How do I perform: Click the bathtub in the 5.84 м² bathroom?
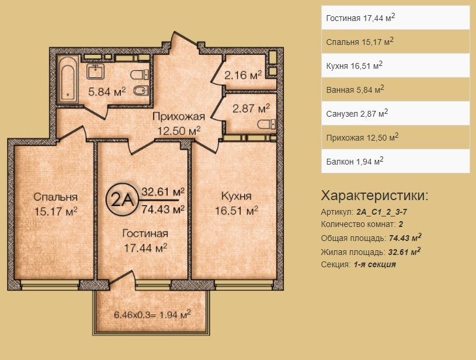pos(67,80)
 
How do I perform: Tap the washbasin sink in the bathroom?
pos(96,72)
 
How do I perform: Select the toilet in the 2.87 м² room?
pos(266,124)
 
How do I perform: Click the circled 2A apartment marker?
pos(122,200)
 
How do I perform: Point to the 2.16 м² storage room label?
pos(243,75)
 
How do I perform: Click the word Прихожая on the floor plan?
pos(179,116)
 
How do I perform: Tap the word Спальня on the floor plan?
pos(55,197)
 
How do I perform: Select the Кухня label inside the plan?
pos(237,196)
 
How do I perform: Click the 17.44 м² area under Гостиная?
pos(145,248)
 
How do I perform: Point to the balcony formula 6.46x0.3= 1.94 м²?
pos(152,314)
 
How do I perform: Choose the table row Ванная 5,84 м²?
pos(395,89)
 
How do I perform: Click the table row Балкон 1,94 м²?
pos(395,161)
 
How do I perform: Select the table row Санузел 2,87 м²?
pos(395,113)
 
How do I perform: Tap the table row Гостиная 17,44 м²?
pos(395,18)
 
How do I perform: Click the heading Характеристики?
pos(374,196)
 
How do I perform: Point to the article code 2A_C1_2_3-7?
pos(381,212)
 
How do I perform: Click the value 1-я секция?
pos(375,264)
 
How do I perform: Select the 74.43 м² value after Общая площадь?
pos(405,237)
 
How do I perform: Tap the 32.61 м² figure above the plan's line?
pos(163,192)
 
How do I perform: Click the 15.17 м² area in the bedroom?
pos(55,211)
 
